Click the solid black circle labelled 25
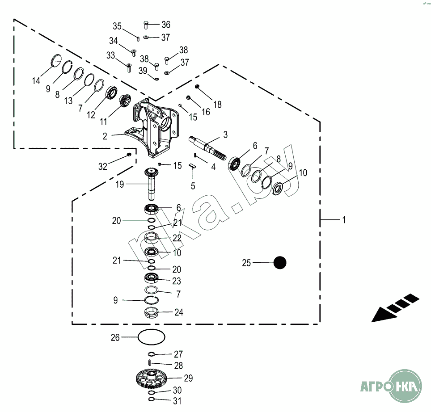[x=280, y=263]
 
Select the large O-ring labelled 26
[x=151, y=337]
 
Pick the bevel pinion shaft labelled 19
[x=153, y=183]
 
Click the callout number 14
[x=36, y=81]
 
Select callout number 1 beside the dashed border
[x=343, y=220]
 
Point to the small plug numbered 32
[x=129, y=155]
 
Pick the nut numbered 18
[x=197, y=86]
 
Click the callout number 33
[x=110, y=55]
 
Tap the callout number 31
[x=177, y=401]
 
